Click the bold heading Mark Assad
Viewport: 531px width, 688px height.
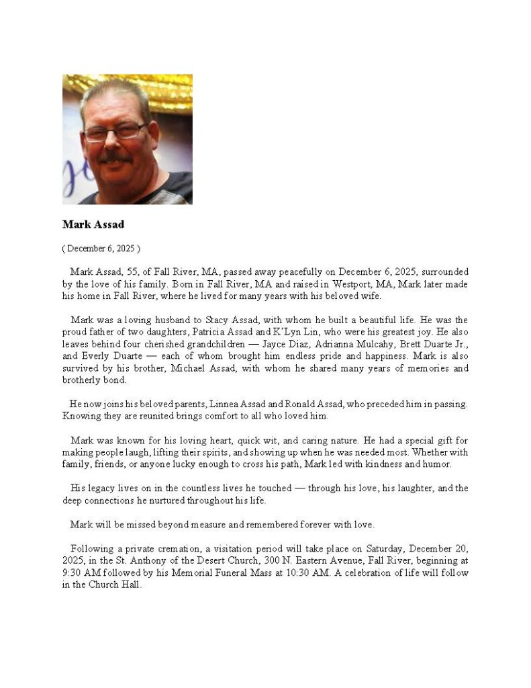93,224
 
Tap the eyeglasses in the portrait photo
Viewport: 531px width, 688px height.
113,131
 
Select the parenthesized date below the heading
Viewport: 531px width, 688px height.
101,249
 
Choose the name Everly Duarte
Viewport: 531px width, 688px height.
112,356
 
